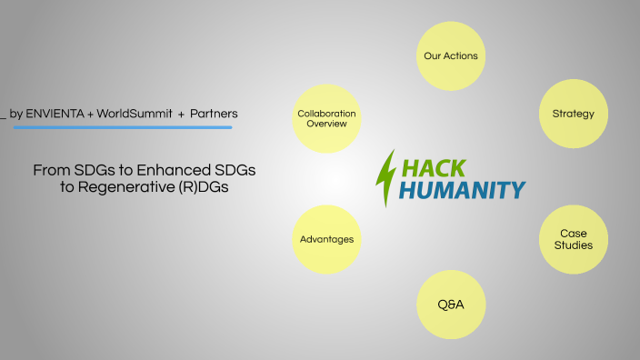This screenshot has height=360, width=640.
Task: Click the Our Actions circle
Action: (x=450, y=55)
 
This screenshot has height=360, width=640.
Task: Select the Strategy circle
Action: (x=573, y=115)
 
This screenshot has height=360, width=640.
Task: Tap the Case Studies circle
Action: (x=574, y=240)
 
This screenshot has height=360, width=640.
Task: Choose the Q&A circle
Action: (x=450, y=304)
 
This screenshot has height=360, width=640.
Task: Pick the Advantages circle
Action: (x=326, y=240)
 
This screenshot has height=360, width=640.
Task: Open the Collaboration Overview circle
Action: (x=326, y=118)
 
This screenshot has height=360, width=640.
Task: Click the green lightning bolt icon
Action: (x=386, y=177)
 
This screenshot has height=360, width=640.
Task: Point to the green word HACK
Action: (x=434, y=168)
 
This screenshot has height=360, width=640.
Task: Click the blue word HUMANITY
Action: (x=463, y=190)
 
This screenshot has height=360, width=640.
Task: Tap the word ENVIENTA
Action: (x=55, y=114)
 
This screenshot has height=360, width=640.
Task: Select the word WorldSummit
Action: (x=135, y=114)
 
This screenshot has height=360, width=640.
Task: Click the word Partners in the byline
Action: (x=214, y=114)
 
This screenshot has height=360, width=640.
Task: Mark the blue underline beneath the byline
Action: (x=123, y=127)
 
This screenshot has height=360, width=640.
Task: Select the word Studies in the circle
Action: (x=574, y=245)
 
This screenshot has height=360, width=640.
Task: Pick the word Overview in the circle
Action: (x=326, y=124)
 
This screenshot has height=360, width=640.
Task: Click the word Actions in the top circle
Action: (x=461, y=55)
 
